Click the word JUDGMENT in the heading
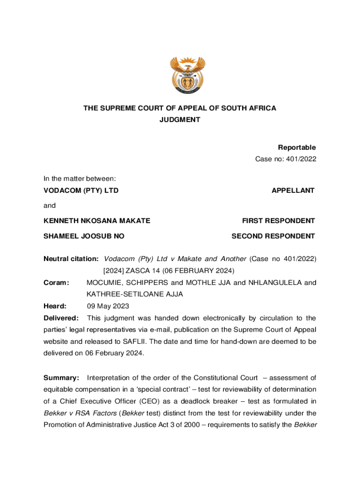180,120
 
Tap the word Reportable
297,147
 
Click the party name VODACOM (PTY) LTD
81,190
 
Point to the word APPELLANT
293,190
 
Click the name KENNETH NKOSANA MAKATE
97,221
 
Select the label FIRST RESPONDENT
278,221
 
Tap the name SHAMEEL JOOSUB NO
84,236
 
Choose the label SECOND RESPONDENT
273,236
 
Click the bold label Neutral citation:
71,259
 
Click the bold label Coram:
56,283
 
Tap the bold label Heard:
55,306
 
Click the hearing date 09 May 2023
108,306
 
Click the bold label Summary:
61,378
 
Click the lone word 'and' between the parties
50,205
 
